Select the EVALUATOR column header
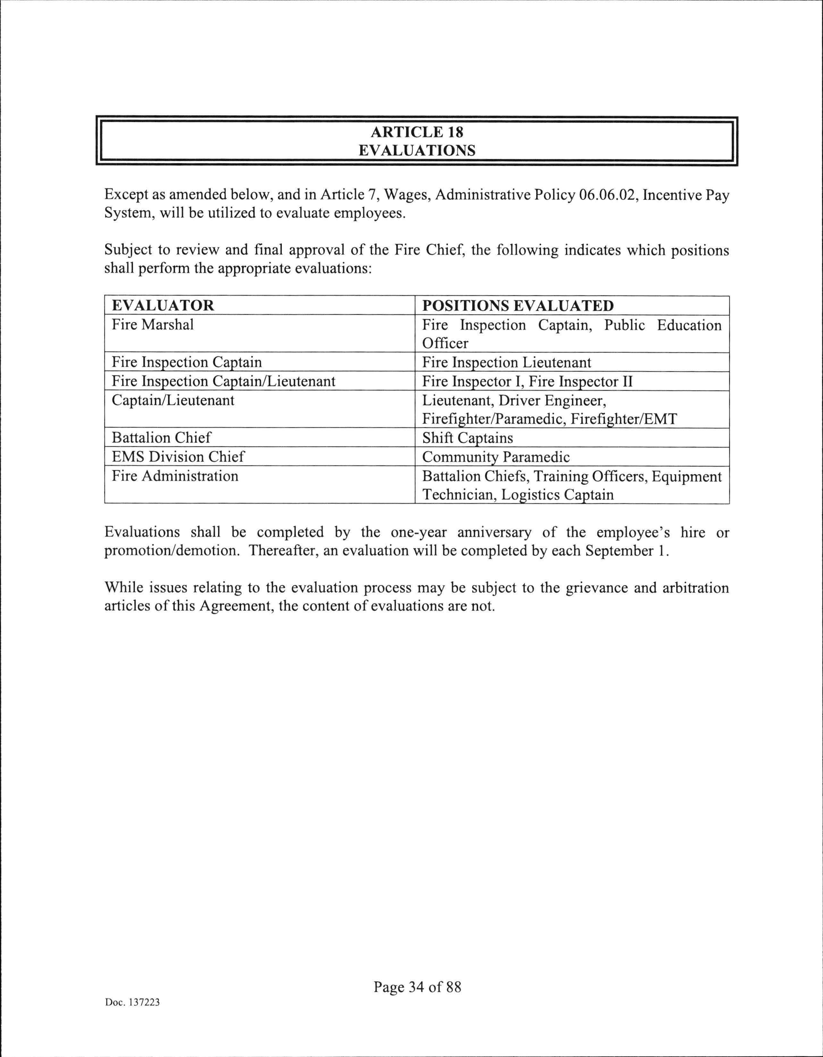163,305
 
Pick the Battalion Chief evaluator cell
161,438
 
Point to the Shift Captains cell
467,438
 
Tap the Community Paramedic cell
496,457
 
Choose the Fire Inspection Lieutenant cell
506,362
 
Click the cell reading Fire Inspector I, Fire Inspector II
527,381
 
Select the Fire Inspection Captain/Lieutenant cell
223,381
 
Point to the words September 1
627,551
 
